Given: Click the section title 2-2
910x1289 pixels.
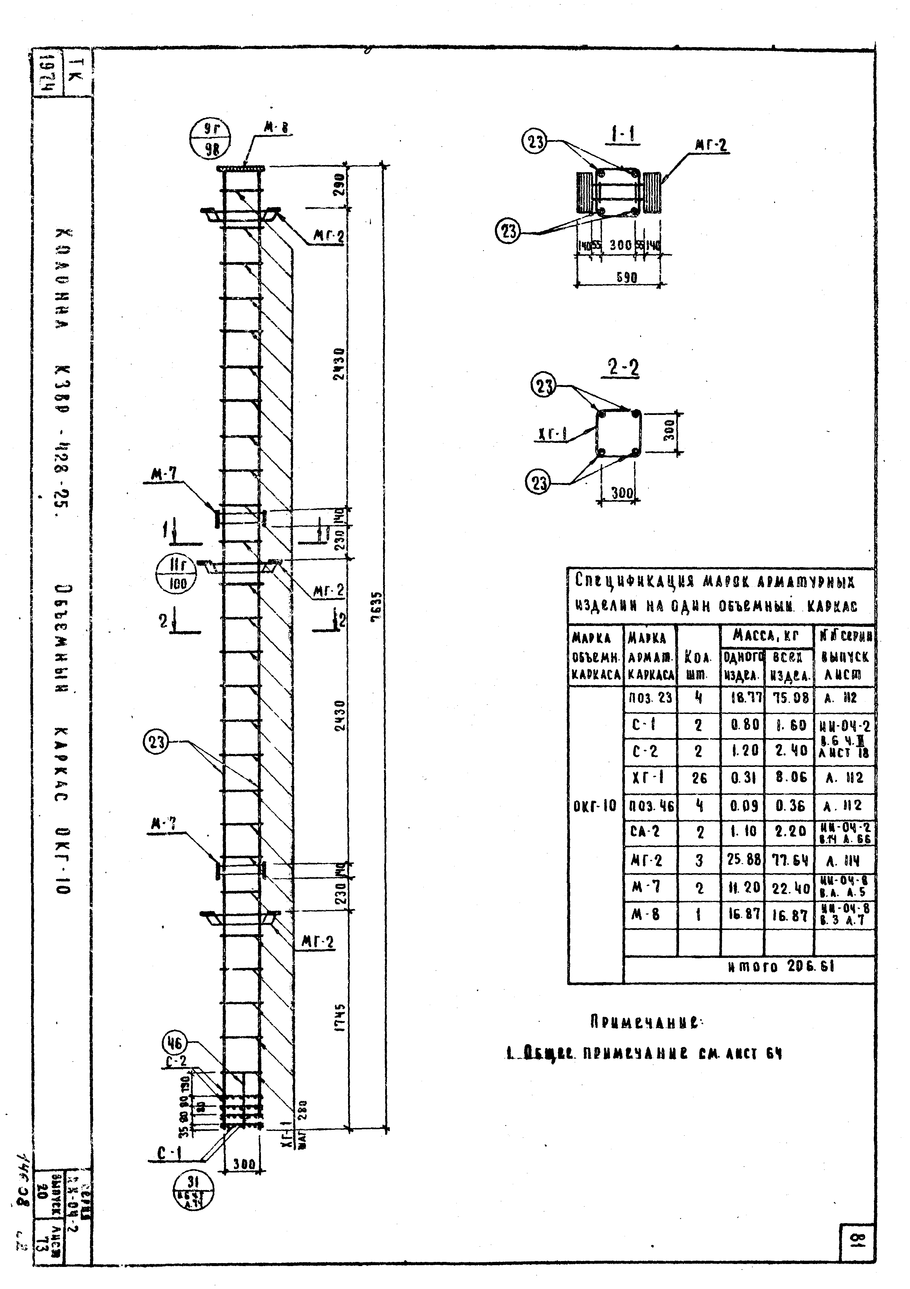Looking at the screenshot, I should (x=623, y=368).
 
